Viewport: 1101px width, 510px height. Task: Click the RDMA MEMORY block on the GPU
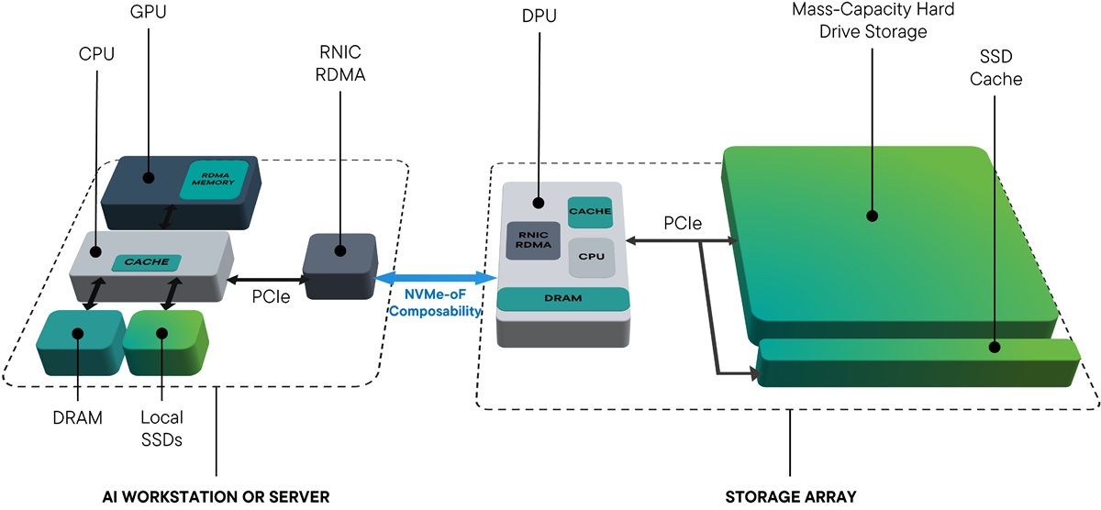pyautogui.click(x=215, y=177)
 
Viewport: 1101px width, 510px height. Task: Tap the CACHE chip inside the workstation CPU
pyautogui.click(x=146, y=261)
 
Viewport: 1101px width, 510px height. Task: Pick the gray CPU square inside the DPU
pyautogui.click(x=590, y=259)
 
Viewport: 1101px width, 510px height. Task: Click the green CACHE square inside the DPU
pyautogui.click(x=590, y=212)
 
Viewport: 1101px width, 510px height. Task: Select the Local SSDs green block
pyautogui.click(x=161, y=342)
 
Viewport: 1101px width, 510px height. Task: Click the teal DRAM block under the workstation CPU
pyautogui.click(x=79, y=342)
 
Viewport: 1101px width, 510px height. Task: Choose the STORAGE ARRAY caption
pyautogui.click(x=790, y=496)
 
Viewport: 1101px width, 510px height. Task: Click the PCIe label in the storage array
pyautogui.click(x=682, y=223)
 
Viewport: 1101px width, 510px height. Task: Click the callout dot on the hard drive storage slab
pyautogui.click(x=872, y=216)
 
